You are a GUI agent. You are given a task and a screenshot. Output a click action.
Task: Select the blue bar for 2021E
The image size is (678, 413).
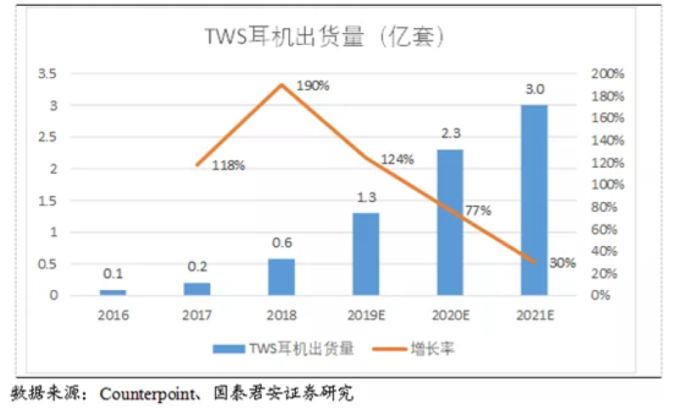coord(534,200)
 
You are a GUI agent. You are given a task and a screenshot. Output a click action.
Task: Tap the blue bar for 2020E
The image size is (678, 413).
coord(450,222)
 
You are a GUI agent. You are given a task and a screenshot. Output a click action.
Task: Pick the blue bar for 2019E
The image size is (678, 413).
coord(366,254)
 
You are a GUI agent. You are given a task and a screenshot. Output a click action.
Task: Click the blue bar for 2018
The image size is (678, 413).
coord(282,276)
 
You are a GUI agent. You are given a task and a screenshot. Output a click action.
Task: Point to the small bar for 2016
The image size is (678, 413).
coord(114,292)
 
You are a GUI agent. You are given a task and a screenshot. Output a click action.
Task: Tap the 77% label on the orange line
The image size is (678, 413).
coord(478,210)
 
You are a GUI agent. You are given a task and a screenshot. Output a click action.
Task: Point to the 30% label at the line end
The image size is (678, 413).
coord(561,263)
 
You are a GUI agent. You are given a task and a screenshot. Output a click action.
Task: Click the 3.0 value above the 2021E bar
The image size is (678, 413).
coord(535,89)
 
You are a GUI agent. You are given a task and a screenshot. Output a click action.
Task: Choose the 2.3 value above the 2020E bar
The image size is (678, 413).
coord(451,133)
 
